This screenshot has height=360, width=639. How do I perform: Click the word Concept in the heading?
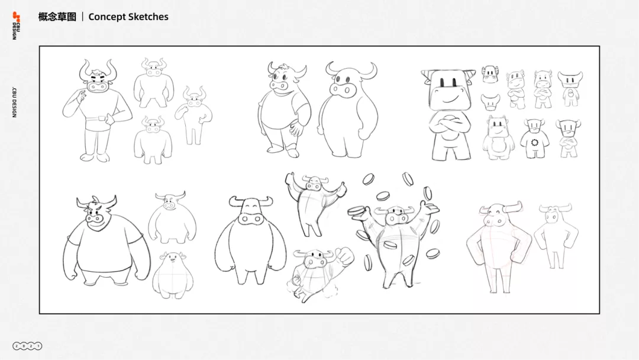click(106, 17)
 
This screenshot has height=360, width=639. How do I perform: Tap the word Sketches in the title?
click(148, 17)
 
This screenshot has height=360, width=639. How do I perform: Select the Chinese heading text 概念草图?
click(57, 17)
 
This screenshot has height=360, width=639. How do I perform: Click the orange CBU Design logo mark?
click(16, 17)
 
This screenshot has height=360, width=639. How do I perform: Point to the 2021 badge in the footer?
click(27, 346)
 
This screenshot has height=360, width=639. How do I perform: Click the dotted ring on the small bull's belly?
click(535, 142)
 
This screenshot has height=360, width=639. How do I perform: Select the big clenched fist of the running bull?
click(344, 256)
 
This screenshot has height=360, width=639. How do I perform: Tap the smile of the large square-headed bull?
click(451, 99)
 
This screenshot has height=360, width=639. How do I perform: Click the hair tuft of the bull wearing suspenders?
click(285, 67)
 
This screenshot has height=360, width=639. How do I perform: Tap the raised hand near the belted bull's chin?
click(82, 97)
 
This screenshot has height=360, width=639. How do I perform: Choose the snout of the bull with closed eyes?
click(251, 219)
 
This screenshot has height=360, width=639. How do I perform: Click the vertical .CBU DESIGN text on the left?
click(15, 102)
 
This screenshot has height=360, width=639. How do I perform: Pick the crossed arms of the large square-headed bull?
click(450, 127)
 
